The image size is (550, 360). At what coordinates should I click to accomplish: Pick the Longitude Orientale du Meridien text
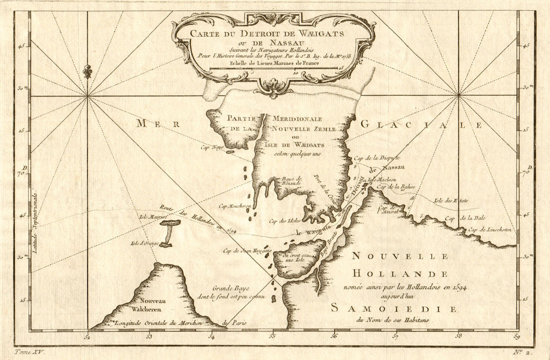pos(165,323)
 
